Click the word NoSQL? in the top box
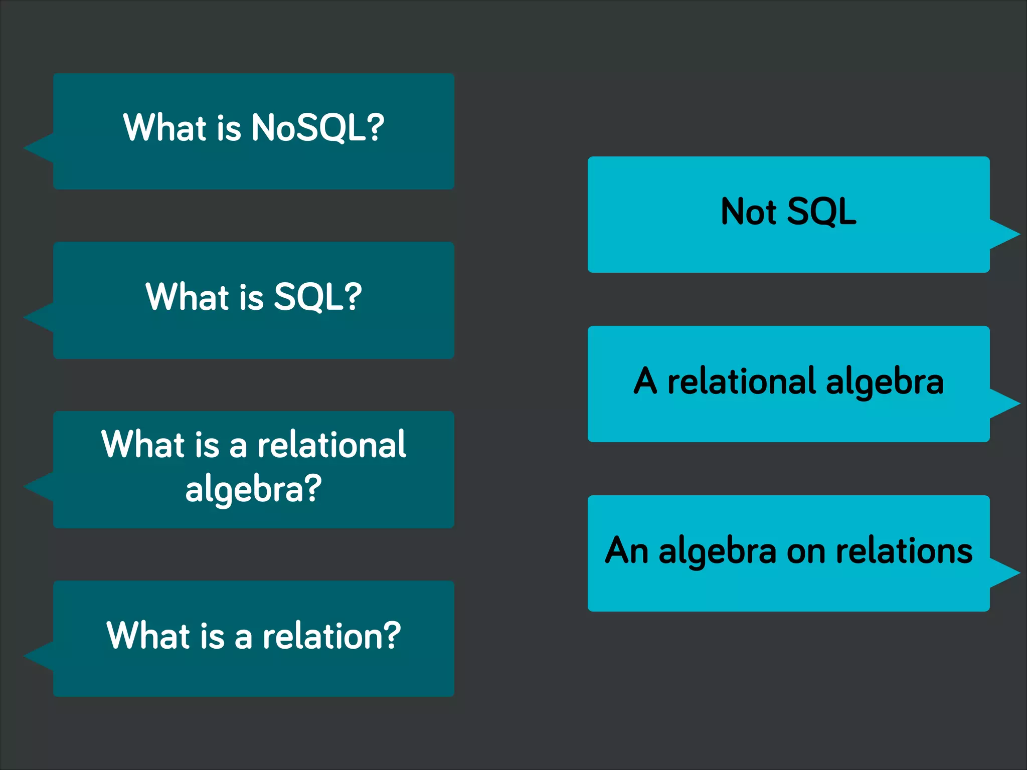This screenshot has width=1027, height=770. (317, 128)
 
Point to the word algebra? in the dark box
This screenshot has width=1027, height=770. (253, 489)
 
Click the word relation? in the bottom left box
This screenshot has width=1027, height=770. (331, 636)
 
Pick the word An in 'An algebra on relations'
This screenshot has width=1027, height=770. (626, 550)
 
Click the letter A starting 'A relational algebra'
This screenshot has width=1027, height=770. (645, 381)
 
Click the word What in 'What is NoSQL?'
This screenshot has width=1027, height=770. (164, 128)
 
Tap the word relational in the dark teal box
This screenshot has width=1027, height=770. (331, 445)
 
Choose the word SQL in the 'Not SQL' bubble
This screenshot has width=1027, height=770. (821, 212)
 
